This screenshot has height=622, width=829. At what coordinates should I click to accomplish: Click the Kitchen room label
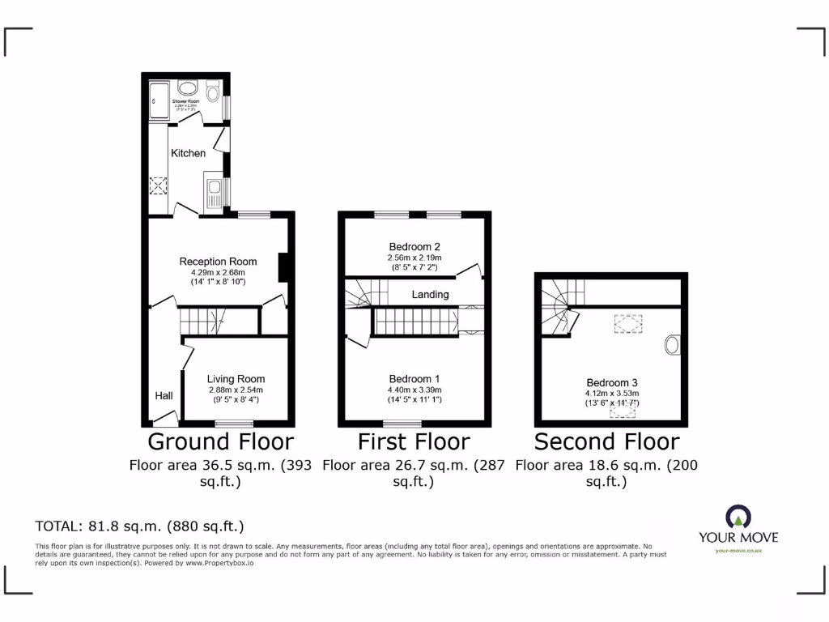point(188,153)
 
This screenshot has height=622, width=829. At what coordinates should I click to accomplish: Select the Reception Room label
point(218,262)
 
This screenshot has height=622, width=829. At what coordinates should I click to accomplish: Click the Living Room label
point(236,379)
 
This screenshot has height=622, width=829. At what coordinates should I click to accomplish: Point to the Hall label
point(164,396)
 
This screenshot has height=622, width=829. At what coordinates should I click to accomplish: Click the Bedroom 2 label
point(414,247)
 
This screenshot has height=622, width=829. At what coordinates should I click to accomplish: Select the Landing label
point(430,295)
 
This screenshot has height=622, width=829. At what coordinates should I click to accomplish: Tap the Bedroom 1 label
point(414,379)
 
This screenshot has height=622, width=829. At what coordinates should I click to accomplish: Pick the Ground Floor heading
point(220,441)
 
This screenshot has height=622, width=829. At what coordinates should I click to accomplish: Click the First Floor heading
point(414,441)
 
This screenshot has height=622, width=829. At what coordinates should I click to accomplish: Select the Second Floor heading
point(606,441)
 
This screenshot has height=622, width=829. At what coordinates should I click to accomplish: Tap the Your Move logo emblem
point(738,517)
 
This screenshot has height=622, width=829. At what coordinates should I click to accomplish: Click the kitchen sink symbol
point(215,193)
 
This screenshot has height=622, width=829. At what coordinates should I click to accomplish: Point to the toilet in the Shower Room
point(213,93)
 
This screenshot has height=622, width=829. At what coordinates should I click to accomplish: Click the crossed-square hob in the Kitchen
point(157,185)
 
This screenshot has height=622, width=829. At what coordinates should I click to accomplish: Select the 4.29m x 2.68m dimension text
point(218,273)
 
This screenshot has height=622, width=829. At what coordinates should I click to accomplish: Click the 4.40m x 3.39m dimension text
point(414,390)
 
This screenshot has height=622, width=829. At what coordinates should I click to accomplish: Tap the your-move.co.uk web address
point(738,552)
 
